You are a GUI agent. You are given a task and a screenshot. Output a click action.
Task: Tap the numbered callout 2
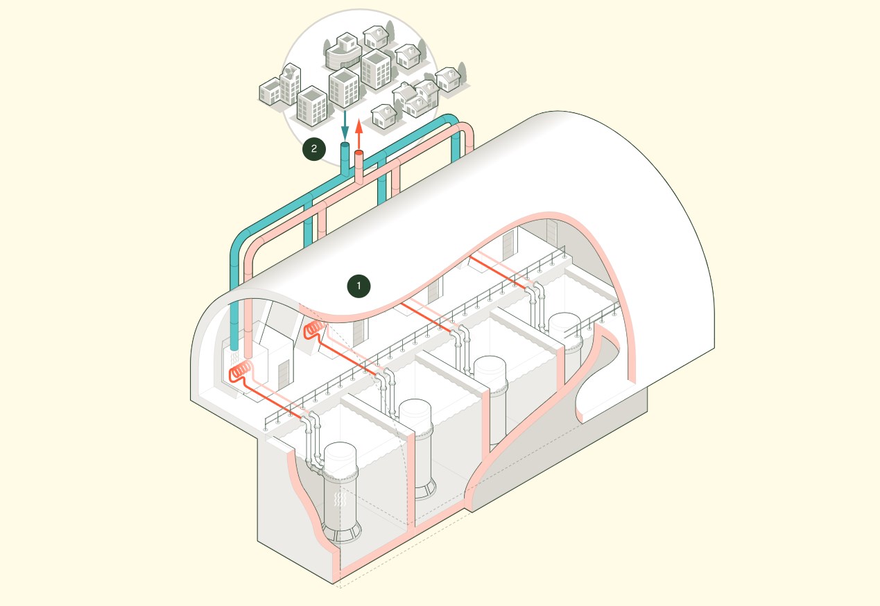[x=314, y=148]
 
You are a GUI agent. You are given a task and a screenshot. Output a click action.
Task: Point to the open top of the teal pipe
[x=345, y=146]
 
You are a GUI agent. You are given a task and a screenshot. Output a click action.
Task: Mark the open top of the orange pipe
[x=359, y=153]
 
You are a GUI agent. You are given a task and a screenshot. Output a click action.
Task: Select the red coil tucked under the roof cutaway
[x=315, y=327]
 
